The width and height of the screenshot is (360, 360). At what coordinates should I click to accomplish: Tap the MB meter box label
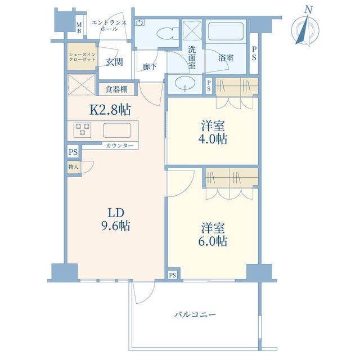pyautogui.click(x=79, y=28)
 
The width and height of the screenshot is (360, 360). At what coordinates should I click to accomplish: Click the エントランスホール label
pyautogui.click(x=109, y=25)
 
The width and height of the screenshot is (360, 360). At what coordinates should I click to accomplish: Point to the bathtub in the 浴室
pyautogui.click(x=226, y=31)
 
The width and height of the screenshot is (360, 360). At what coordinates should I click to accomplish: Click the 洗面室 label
pyautogui.click(x=192, y=57)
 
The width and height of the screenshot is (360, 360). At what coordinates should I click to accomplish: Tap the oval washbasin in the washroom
pyautogui.click(x=185, y=83)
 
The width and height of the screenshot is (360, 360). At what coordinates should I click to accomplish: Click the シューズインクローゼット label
pyautogui.click(x=82, y=57)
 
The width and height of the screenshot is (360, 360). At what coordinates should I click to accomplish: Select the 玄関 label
pyautogui.click(x=114, y=62)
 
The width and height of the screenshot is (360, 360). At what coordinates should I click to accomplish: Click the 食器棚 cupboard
pyautogui.click(x=116, y=89)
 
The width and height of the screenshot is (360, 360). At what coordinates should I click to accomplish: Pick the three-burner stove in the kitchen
pyautogui.click(x=83, y=130)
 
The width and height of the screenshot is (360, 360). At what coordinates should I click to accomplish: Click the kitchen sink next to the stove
pyautogui.click(x=117, y=130)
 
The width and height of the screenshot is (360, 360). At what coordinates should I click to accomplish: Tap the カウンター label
pyautogui.click(x=120, y=146)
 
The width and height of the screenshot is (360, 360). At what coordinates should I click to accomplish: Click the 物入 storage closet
pyautogui.click(x=73, y=167)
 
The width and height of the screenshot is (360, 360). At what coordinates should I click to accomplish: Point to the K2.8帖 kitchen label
pyautogui.click(x=110, y=110)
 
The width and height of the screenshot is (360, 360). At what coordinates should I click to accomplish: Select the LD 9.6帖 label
pyautogui.click(x=116, y=219)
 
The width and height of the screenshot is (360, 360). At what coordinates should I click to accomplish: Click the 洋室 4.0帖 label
pyautogui.click(x=213, y=133)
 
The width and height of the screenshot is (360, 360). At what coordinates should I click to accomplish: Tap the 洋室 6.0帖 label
pyautogui.click(x=213, y=235)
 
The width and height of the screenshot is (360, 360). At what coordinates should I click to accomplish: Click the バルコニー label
pyautogui.click(x=195, y=314)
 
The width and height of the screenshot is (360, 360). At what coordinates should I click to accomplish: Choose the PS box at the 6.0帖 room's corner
pyautogui.click(x=173, y=275)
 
